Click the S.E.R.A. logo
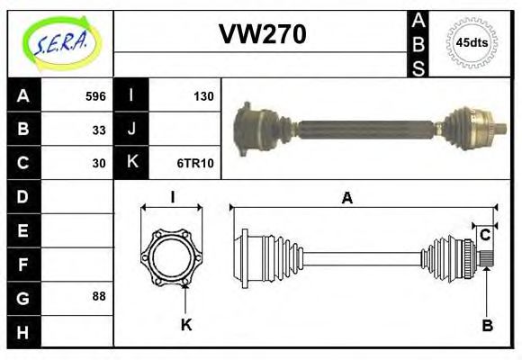(x=59, y=41)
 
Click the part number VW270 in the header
(x=263, y=34)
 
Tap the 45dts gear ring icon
(x=472, y=42)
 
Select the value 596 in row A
(x=95, y=96)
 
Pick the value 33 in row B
(x=99, y=130)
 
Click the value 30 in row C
(x=99, y=163)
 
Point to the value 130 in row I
(x=203, y=96)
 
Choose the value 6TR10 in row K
(x=197, y=163)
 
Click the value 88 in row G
(x=99, y=296)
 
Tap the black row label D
(x=22, y=196)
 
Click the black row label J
(x=131, y=130)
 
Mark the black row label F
(x=22, y=264)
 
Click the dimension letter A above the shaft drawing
(x=346, y=198)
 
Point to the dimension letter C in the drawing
(x=485, y=235)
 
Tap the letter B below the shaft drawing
(x=487, y=325)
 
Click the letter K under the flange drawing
(x=185, y=325)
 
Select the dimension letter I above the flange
(x=172, y=197)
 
